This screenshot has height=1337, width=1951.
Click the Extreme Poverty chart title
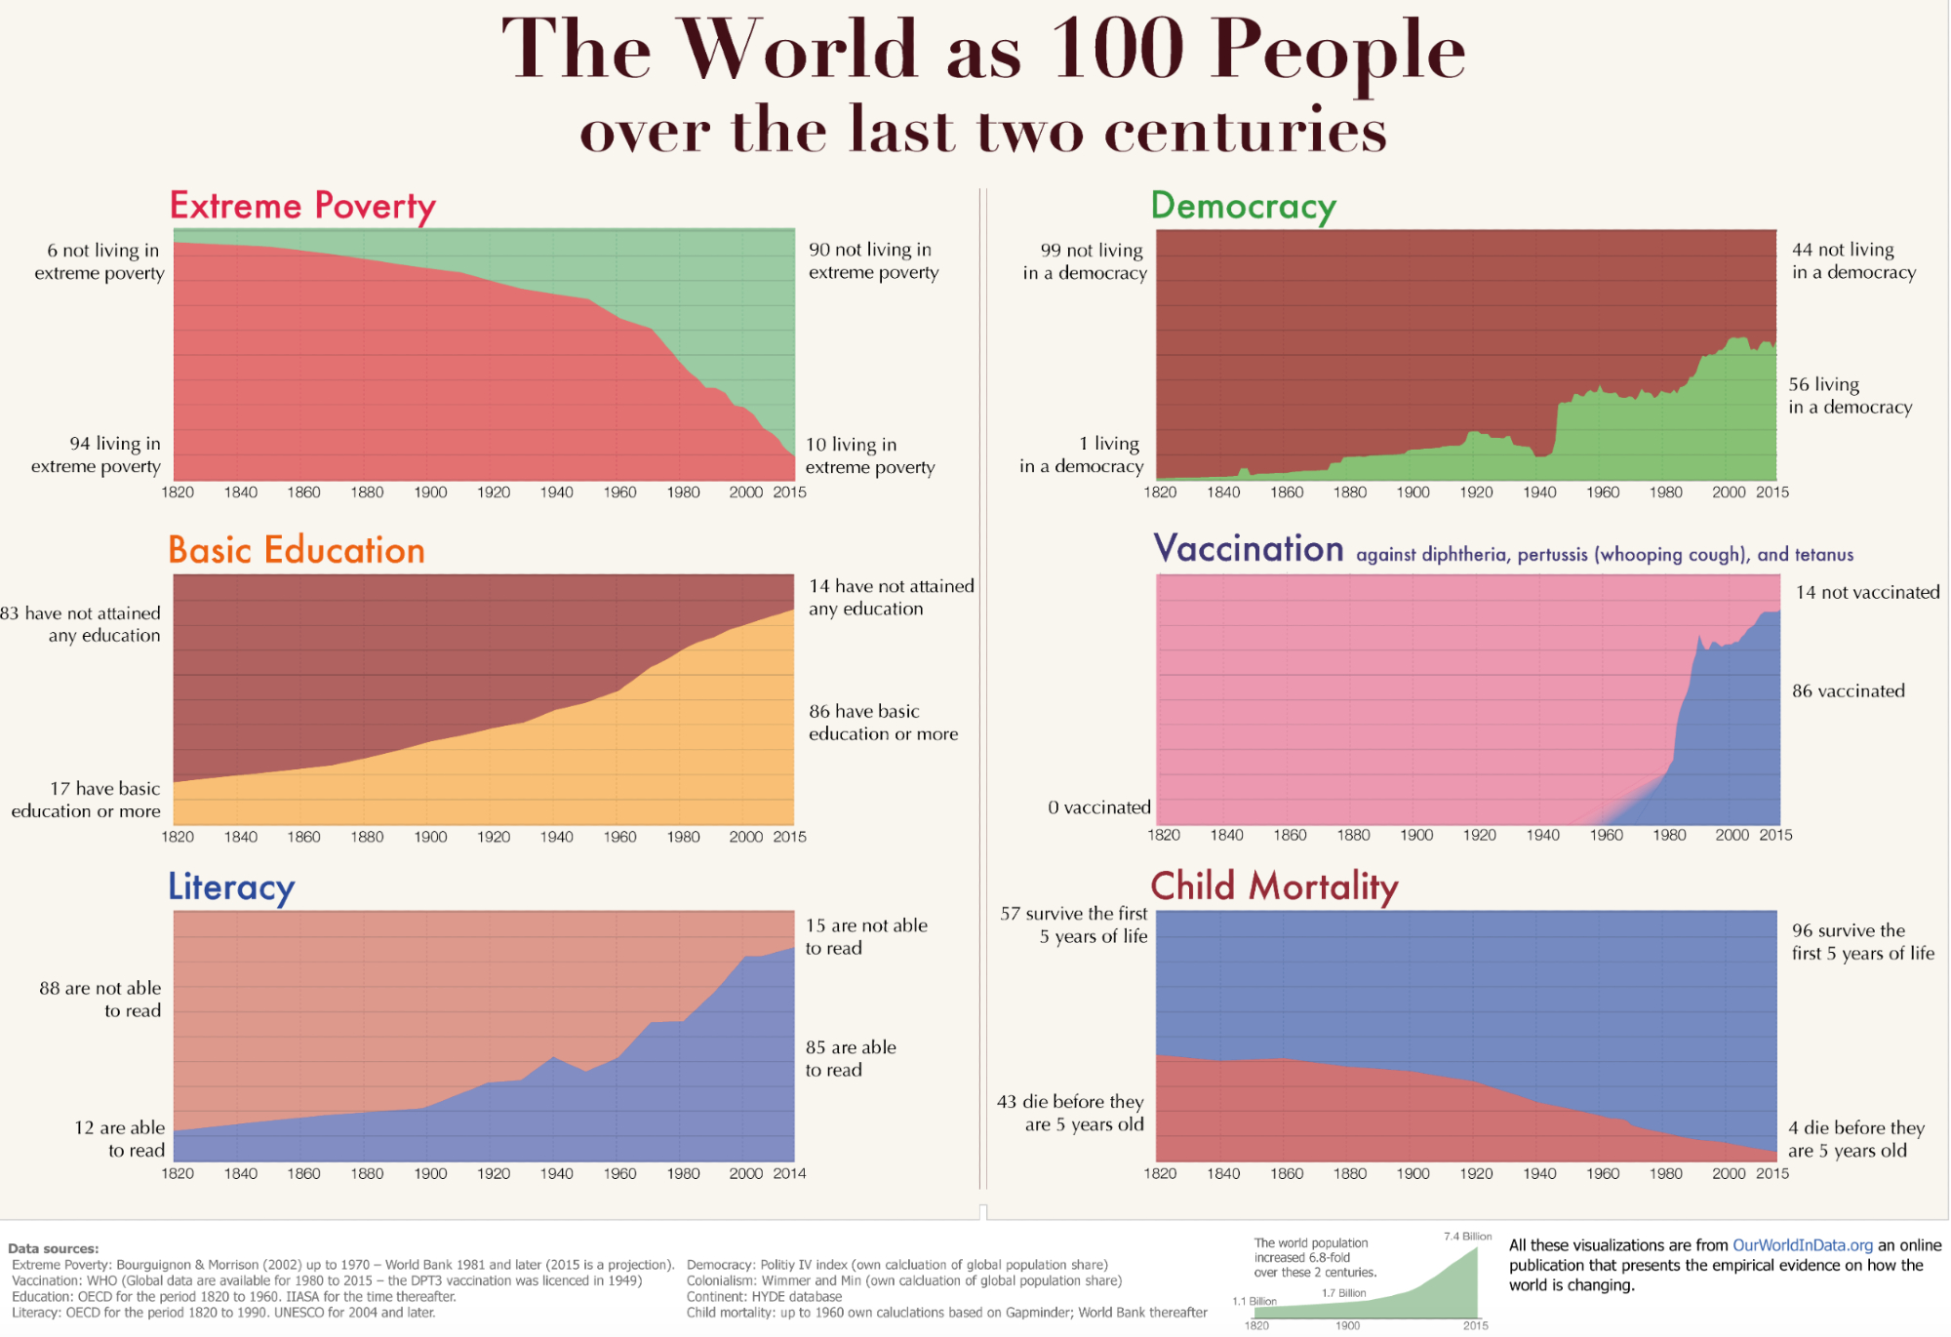point(302,206)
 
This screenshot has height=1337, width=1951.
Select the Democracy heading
point(1243,206)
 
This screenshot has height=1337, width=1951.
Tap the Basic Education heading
point(297,550)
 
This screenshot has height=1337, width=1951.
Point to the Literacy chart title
point(231,886)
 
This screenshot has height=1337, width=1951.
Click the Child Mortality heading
point(1274,885)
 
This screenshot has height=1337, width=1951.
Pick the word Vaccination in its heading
point(1249,549)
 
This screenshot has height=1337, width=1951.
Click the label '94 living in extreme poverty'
point(97,454)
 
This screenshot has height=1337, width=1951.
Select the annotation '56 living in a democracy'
point(1850,396)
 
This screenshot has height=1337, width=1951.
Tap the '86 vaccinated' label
point(1848,691)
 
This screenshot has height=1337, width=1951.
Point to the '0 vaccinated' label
point(1099,807)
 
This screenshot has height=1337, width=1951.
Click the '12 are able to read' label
point(120,1139)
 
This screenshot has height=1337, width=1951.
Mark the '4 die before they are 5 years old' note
point(1855,1139)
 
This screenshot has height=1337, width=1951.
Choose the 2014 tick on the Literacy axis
point(789,1173)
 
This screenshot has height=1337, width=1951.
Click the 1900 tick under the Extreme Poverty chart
point(430,492)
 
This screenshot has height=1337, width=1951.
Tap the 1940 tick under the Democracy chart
point(1539,492)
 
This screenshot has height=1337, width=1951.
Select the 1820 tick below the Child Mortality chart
point(1160,1173)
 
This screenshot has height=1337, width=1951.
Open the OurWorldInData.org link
point(1802,1245)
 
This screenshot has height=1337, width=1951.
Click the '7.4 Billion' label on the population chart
point(1467,1237)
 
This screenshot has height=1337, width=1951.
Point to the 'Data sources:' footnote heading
point(53,1248)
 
